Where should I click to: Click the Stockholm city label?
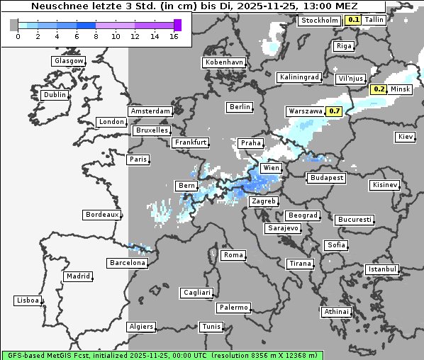[319, 20]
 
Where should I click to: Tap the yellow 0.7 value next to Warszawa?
[334, 111]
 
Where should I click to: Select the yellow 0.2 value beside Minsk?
[379, 89]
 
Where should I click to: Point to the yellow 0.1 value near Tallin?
[352, 20]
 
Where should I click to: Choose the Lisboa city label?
[28, 300]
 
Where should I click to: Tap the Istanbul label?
[382, 269]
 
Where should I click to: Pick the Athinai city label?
[336, 312]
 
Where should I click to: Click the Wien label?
[271, 168]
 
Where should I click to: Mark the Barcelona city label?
[128, 263]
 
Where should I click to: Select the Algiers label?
[140, 327]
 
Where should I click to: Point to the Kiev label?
[406, 136]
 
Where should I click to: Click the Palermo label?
[233, 308]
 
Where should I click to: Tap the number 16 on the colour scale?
[174, 36]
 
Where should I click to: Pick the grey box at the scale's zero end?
[14, 25]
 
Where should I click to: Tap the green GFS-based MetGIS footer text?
[162, 354]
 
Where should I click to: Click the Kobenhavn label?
[224, 62]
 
